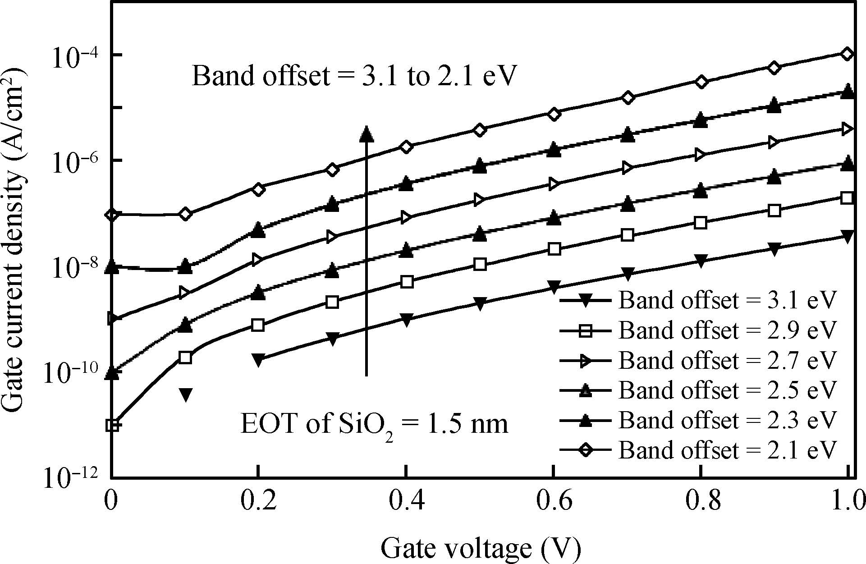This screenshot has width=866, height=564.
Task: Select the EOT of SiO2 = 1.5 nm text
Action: (x=374, y=425)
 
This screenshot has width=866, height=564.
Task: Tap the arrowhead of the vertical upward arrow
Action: (x=367, y=133)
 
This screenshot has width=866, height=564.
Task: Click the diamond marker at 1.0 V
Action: (x=848, y=54)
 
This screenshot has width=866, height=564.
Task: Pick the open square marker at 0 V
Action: (x=112, y=425)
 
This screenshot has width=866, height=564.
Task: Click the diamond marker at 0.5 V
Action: (x=480, y=130)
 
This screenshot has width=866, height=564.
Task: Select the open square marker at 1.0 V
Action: (x=848, y=198)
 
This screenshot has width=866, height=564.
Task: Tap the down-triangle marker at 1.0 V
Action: (x=848, y=236)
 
